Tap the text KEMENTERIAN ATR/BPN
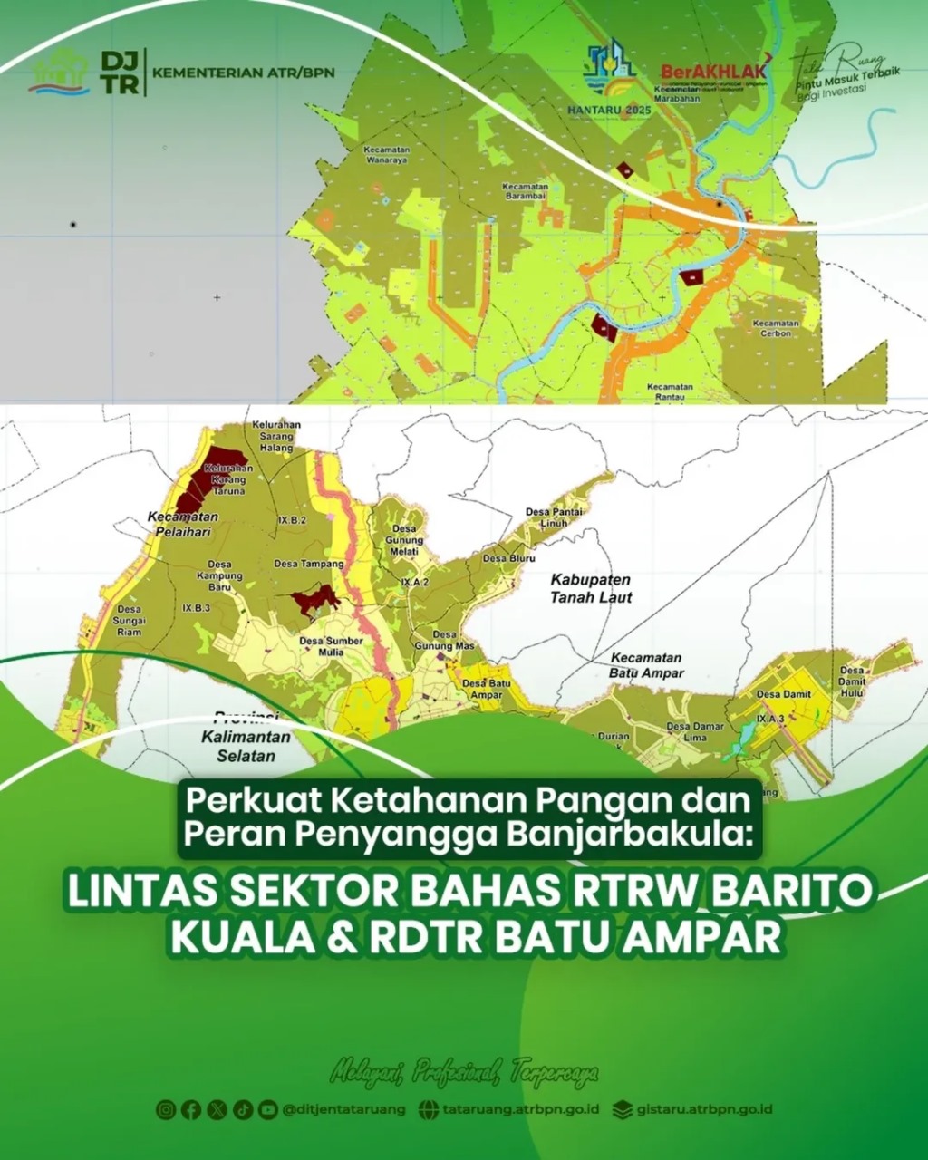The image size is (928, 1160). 244,72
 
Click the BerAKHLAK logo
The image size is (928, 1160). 715,71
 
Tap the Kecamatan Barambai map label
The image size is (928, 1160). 527,191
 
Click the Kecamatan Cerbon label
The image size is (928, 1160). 776,328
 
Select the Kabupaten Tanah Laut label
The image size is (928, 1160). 591,588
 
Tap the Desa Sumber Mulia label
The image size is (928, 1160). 331,645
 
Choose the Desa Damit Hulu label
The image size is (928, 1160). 852,687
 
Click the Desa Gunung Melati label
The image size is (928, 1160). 404,540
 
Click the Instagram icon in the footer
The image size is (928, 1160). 166,1109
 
